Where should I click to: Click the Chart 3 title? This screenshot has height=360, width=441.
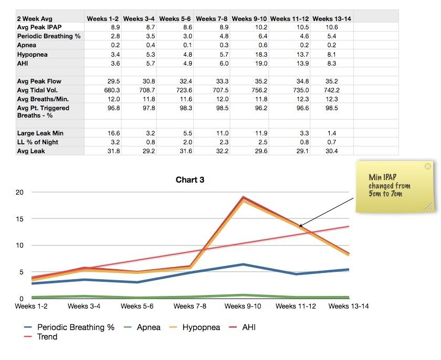click(190, 180)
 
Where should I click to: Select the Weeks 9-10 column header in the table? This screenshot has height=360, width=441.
click(249, 18)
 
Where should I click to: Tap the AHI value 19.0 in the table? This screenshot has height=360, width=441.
click(260, 63)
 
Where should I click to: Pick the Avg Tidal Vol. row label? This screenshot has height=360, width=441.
click(38, 90)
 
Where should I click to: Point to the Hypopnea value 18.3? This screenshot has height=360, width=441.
click(260, 54)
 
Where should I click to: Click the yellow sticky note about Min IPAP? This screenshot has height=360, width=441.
click(395, 186)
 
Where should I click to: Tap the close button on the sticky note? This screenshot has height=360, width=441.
click(427, 166)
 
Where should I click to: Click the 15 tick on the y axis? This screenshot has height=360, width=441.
click(19, 218)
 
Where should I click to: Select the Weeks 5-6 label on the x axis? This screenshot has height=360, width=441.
click(137, 306)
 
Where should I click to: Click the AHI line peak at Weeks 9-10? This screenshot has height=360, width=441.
click(244, 197)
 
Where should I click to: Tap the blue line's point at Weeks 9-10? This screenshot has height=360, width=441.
click(244, 264)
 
